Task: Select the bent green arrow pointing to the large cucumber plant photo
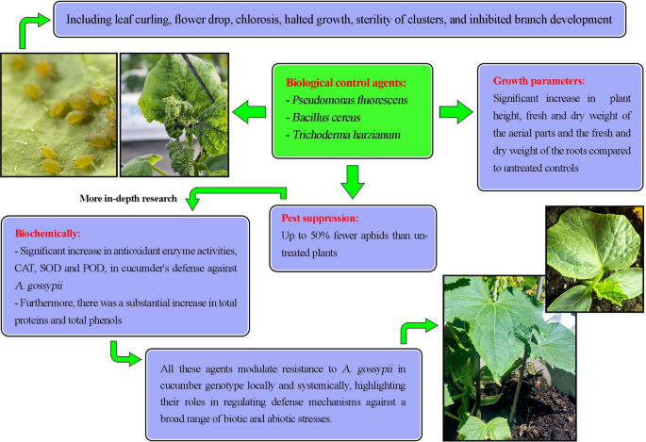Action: coord(415,330)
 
